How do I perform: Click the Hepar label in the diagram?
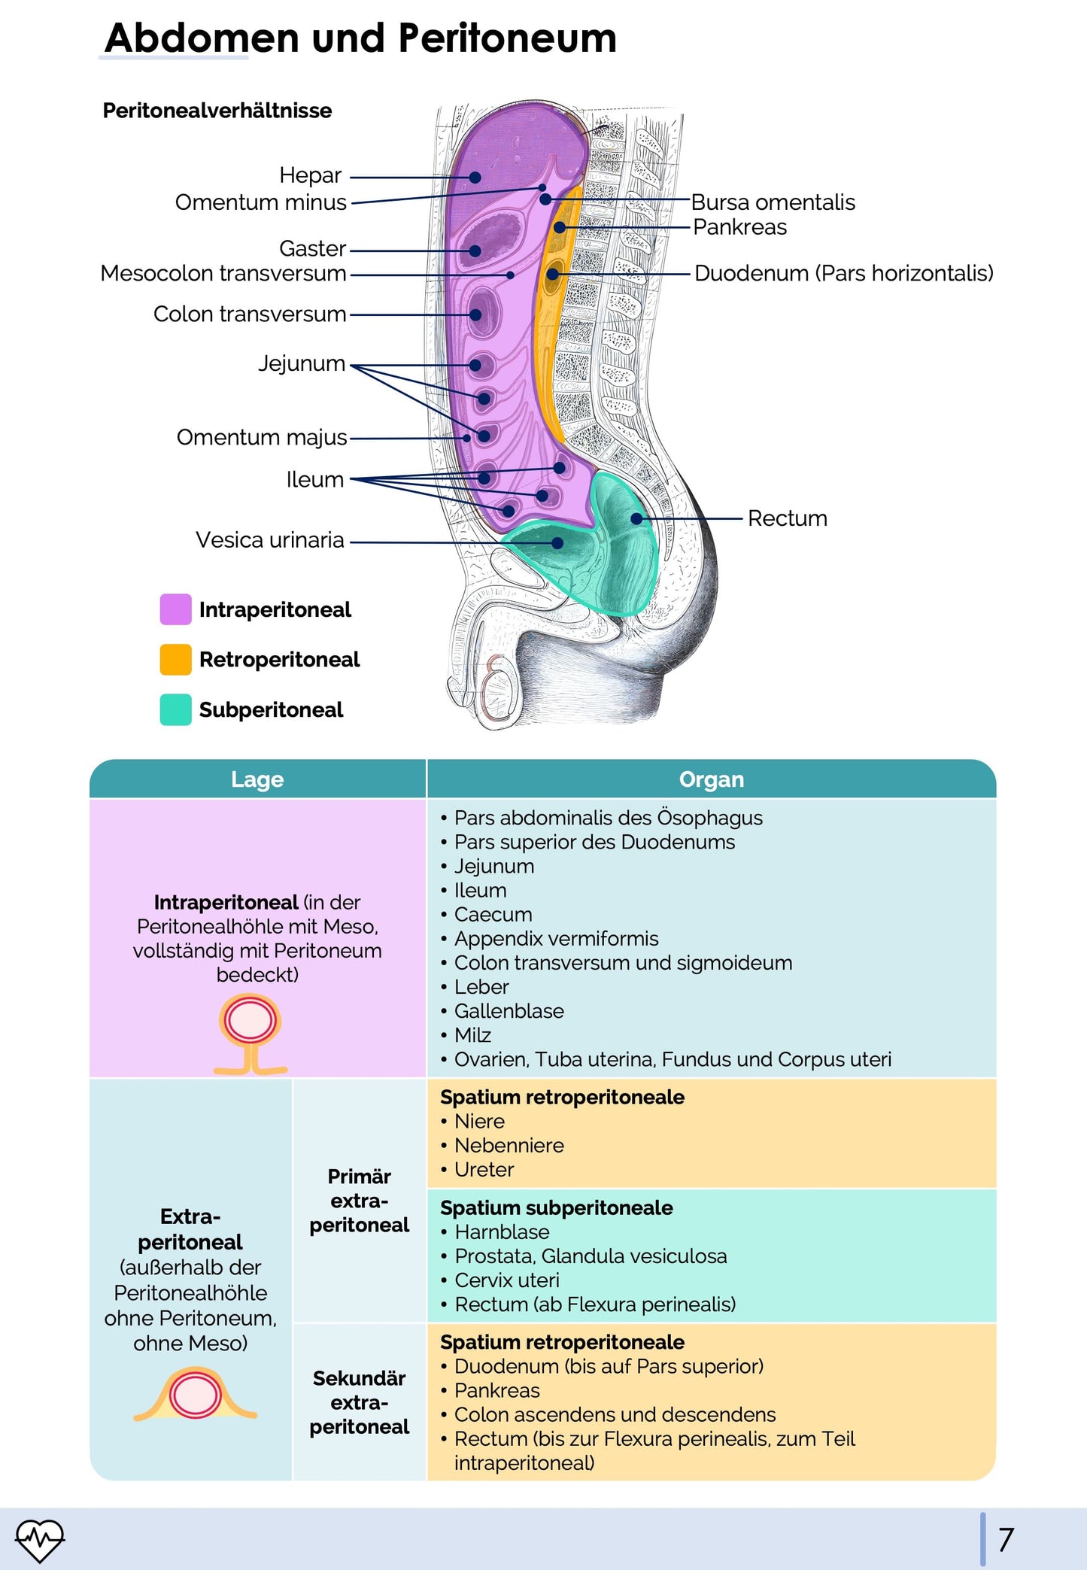[x=310, y=175]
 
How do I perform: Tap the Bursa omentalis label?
[x=773, y=202]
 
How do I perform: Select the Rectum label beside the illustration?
[x=787, y=518]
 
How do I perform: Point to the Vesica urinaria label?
[x=269, y=540]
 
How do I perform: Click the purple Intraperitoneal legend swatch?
[x=175, y=609]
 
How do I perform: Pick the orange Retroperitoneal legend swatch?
[x=175, y=660]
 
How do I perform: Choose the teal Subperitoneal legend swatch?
[x=175, y=709]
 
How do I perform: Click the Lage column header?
[x=257, y=779]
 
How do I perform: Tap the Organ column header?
[x=711, y=779]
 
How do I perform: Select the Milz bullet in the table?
[x=472, y=1035]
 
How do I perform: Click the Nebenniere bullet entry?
[x=509, y=1145]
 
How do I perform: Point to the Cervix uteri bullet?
[x=506, y=1280]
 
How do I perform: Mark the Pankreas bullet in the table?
[x=496, y=1390]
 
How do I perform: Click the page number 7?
[x=1006, y=1540]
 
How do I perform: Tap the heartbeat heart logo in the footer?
[x=40, y=1540]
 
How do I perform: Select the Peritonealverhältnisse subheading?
[x=217, y=111]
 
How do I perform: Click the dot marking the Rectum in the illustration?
[x=636, y=518]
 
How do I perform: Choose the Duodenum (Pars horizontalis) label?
[x=843, y=273]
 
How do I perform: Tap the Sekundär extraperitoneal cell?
[x=359, y=1402]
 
